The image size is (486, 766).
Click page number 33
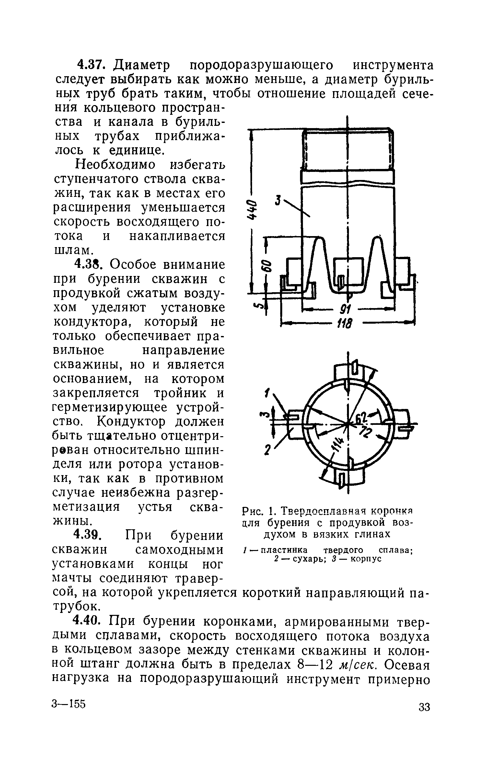424,716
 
